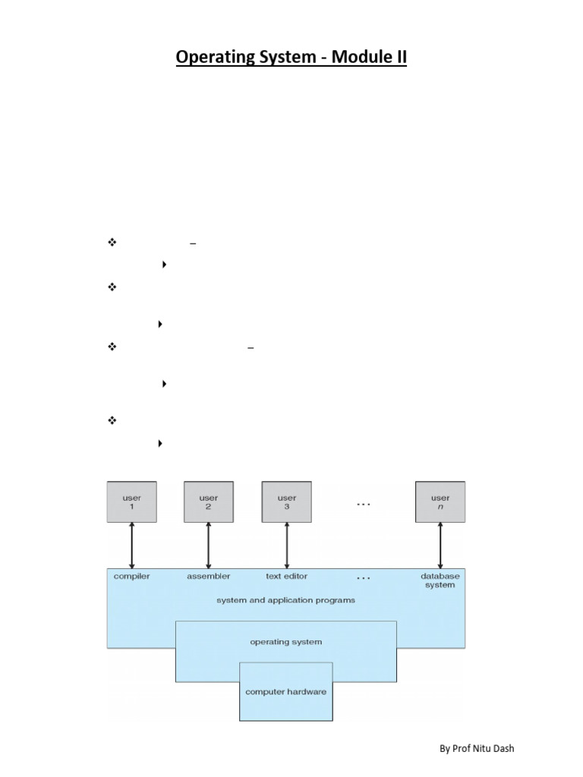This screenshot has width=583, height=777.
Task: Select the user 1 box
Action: click(x=132, y=502)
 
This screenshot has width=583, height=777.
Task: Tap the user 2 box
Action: click(x=208, y=502)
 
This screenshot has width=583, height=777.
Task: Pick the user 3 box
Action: click(x=287, y=502)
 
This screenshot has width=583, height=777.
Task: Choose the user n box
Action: click(x=440, y=502)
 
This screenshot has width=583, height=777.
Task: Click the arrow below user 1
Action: click(x=132, y=545)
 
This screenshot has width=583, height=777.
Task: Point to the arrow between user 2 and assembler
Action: click(x=208, y=545)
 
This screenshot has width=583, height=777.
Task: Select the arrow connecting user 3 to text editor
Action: click(x=287, y=545)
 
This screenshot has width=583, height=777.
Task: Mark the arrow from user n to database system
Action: click(x=440, y=545)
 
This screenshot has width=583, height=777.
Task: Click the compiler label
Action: click(x=132, y=576)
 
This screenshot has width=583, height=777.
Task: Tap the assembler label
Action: click(x=209, y=576)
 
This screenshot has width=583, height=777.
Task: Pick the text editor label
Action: click(x=287, y=576)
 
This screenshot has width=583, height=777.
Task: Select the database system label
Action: click(x=440, y=580)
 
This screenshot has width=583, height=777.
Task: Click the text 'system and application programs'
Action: click(x=285, y=599)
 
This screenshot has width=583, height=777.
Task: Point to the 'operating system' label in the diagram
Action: click(x=285, y=642)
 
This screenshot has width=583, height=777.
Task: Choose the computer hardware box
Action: click(x=286, y=691)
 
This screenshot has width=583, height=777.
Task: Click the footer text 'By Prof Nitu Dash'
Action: click(x=477, y=749)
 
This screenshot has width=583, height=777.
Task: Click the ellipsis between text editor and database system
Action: click(x=364, y=578)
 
